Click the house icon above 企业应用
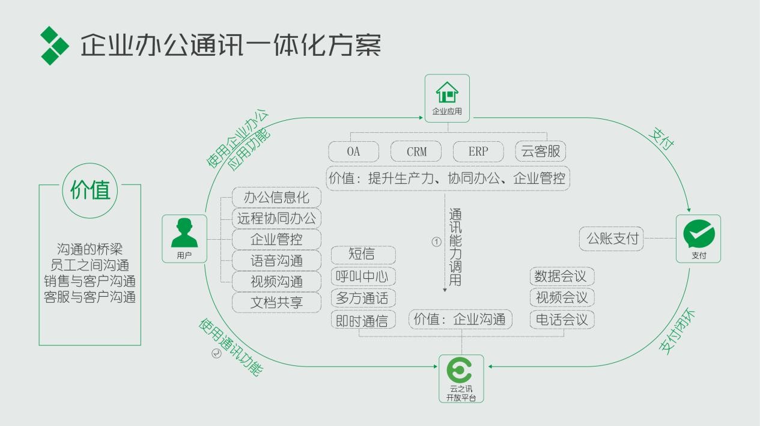[x=447, y=93]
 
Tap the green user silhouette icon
[x=184, y=234]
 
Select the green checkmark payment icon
[x=699, y=234]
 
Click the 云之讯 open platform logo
[x=461, y=371]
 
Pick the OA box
[x=353, y=151]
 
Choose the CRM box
[x=416, y=151]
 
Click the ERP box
[x=478, y=151]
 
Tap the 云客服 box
[x=541, y=151]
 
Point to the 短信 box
[x=362, y=255]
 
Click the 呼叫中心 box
[x=362, y=276]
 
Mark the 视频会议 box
[x=562, y=297]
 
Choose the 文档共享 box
[x=276, y=302]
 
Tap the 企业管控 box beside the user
[x=276, y=239]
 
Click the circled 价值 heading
[x=90, y=190]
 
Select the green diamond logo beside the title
[x=55, y=45]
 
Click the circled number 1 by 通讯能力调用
[x=437, y=242]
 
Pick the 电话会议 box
[x=562, y=319]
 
